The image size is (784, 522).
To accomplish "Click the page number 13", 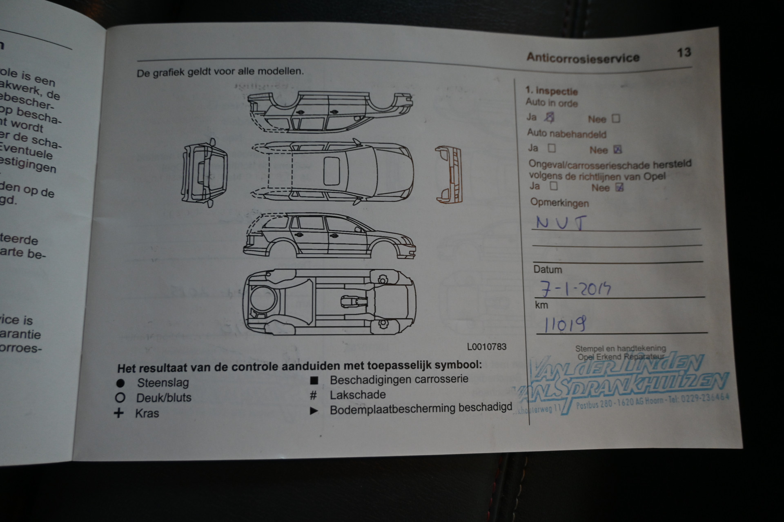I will coord(684,53).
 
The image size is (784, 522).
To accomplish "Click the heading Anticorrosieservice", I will coord(583,57).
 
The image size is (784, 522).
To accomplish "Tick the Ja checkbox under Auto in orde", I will coord(550,117).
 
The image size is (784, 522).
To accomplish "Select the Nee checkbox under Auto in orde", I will coord(616,119).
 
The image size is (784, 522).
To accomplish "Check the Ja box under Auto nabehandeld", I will coord(552,148).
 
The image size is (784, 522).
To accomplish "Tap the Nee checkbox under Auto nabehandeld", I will coord(617,150).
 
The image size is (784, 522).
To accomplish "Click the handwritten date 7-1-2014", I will coord(575,289).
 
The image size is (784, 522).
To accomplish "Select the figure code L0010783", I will coord(487,347).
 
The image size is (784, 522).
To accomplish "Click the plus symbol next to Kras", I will coord(119,413).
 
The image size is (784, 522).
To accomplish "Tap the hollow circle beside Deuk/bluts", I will coord(120,398).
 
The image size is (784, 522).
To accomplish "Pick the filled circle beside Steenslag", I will coord(120,383).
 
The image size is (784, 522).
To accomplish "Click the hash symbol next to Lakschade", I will coord(314,395).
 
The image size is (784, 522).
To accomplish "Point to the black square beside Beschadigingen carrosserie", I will coord(314,380).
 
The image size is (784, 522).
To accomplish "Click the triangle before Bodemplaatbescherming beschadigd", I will coord(314,411).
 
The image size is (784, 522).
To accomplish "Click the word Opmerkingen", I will coord(559,203).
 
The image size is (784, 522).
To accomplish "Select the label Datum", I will coord(548,270).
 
